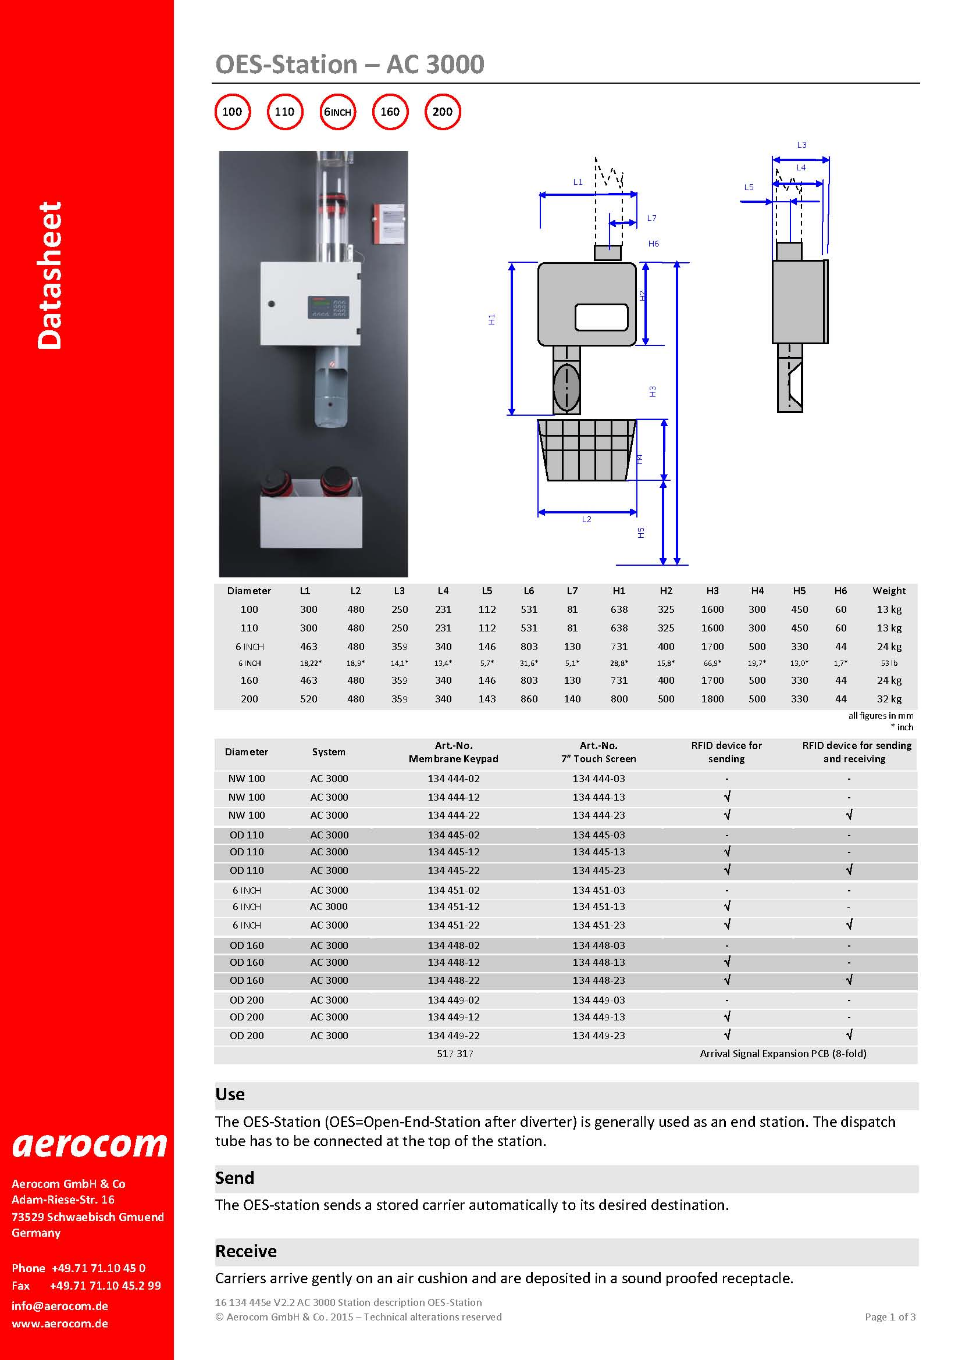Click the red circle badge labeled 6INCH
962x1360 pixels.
click(x=338, y=112)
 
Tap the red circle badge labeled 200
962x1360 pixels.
click(x=443, y=112)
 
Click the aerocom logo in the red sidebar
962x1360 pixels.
click(x=90, y=1145)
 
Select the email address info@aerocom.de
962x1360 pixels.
click(x=60, y=1305)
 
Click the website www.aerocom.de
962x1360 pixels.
click(x=60, y=1323)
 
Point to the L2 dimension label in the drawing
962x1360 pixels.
click(x=586, y=519)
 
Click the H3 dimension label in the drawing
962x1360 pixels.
click(x=652, y=391)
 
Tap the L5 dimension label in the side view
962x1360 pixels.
click(x=749, y=187)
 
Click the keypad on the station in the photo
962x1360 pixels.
click(x=327, y=307)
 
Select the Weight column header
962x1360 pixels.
click(x=889, y=591)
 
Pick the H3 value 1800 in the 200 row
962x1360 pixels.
click(x=712, y=699)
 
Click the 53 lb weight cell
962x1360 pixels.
click(x=889, y=663)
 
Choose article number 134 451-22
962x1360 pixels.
click(x=454, y=925)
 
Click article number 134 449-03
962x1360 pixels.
click(x=598, y=1000)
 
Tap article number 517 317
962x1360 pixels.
click(x=454, y=1054)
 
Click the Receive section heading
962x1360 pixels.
click(x=246, y=1251)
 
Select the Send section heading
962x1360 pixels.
click(x=234, y=1177)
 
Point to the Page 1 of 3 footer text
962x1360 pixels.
click(x=890, y=1317)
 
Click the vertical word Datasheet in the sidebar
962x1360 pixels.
click(x=50, y=276)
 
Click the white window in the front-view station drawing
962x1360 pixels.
click(x=601, y=317)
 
